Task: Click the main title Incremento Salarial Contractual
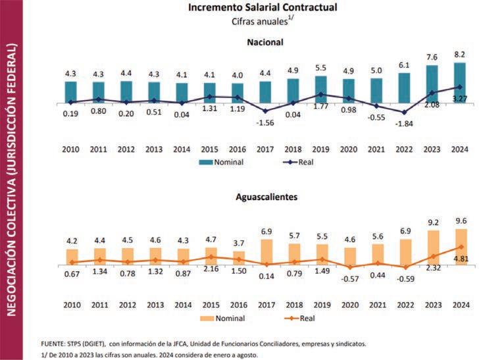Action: tap(263, 8)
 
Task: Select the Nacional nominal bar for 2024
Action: tap(460, 82)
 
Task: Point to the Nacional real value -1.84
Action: tap(405, 124)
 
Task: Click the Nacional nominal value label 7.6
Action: tap(432, 57)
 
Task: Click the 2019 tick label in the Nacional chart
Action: tap(321, 149)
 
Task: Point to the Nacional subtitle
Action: tap(265, 42)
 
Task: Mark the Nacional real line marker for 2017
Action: tap(266, 111)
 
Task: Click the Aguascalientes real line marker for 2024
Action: tap(460, 247)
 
